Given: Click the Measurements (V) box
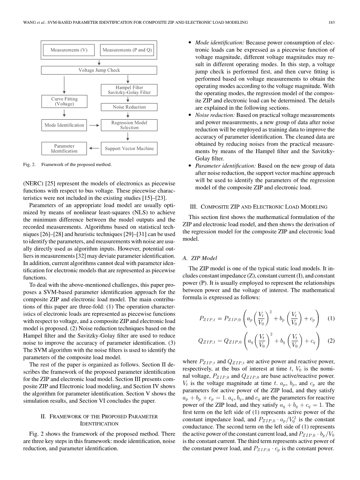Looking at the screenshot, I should pos(69,50).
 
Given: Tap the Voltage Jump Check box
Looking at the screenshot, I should pos(99,71).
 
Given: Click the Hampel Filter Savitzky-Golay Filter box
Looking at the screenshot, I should pos(129,90).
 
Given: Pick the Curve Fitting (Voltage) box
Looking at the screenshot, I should pos(64,102).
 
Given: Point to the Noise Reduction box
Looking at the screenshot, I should pos(129,107).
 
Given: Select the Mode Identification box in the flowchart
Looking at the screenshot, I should pos(64,125).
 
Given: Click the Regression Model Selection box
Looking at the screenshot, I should pos(129,125).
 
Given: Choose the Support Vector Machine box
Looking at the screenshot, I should pos(129,148).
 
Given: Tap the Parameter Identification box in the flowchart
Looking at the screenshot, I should pos(64,148).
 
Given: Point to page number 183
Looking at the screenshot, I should pos(332,23).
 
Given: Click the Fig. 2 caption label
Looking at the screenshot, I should pos(29,164).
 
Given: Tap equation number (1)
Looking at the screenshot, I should pos(331,318).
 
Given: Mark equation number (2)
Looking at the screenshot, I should pos(331,341).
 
